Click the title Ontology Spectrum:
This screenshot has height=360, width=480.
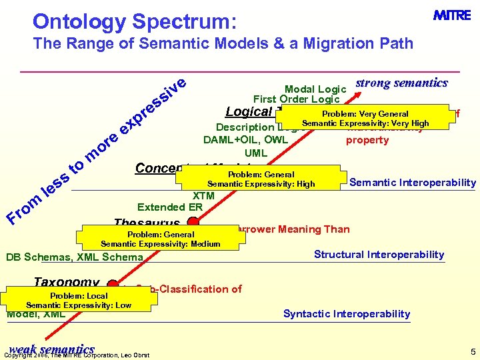coord(134,22)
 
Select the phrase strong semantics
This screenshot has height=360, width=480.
coord(401,83)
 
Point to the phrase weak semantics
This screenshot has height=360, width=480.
coord(51,349)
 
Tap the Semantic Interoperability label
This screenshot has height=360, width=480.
coord(413,183)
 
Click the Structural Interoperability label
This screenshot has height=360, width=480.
coord(379,254)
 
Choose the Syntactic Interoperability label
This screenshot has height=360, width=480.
coord(347,313)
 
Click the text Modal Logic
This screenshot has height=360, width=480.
coord(315,89)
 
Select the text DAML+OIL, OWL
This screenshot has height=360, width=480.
coord(245,140)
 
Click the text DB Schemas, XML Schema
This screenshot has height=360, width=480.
coord(74,257)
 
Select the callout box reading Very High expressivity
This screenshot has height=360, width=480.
coord(365,119)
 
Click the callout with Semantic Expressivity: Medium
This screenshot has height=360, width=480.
coord(160,239)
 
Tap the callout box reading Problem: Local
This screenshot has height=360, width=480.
coord(79,300)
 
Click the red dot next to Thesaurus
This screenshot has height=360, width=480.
coord(193,222)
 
